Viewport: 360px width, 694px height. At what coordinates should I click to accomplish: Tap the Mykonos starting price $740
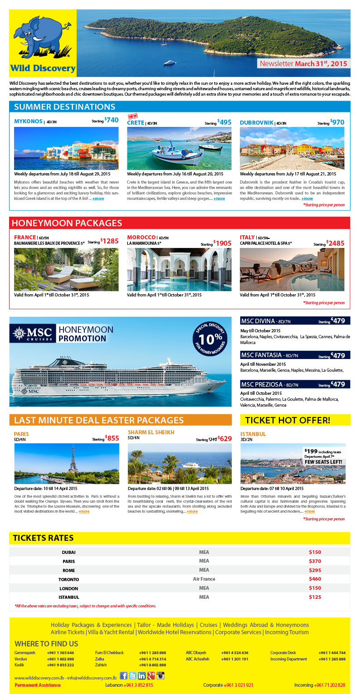[x=112, y=121]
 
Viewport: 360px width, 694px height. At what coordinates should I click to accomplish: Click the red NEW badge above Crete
[x=132, y=116]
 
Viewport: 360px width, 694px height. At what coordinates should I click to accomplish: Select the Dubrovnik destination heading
[x=257, y=122]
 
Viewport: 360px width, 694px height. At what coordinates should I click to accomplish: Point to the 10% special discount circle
[x=209, y=339]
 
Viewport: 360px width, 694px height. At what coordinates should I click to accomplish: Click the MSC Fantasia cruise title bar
[x=295, y=355]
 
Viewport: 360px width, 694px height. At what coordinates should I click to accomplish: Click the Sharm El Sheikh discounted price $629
[x=224, y=438]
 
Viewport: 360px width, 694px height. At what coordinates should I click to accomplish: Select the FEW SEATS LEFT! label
[x=323, y=462]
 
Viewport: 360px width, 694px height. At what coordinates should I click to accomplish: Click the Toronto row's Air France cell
[x=204, y=579]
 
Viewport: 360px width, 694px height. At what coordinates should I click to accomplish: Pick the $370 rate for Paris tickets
[x=315, y=561]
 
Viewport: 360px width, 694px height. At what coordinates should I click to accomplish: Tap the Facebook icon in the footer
[x=124, y=675]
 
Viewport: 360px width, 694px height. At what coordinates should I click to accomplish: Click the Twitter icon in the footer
[x=133, y=675]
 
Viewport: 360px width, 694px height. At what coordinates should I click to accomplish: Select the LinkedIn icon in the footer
[x=142, y=675]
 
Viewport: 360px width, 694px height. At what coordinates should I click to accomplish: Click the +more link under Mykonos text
[x=98, y=199]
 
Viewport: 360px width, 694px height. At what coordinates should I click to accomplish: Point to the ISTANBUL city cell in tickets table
[x=68, y=597]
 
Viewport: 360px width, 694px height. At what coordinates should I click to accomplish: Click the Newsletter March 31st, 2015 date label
[x=303, y=64]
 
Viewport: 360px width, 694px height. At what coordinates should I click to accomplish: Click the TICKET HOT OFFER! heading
[x=295, y=420]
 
